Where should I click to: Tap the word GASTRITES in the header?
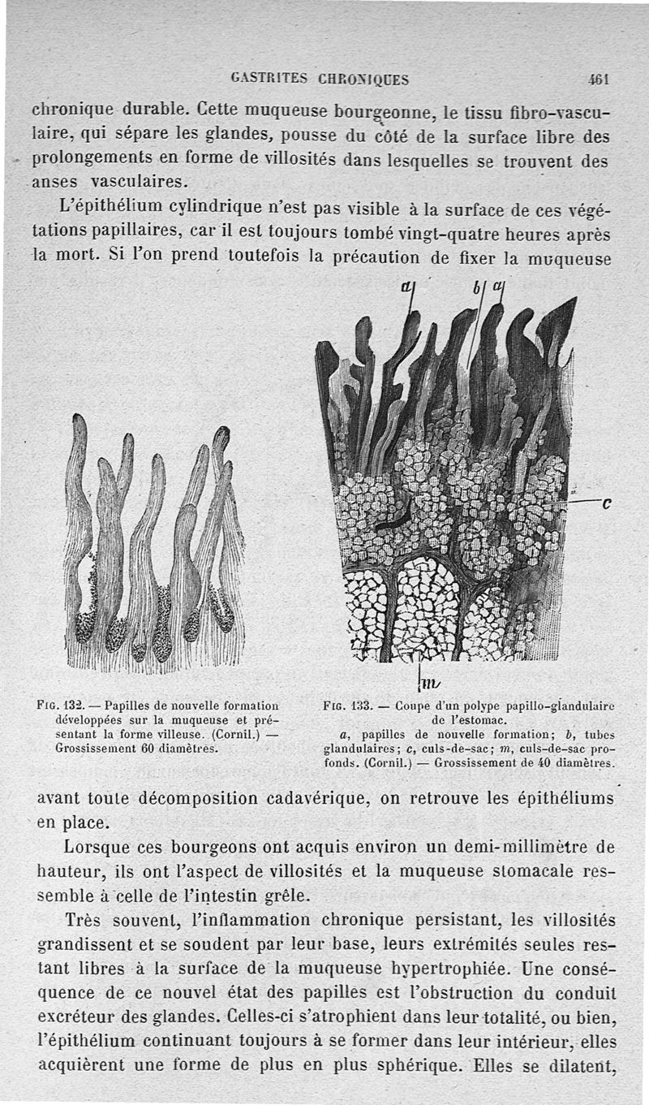coord(264,80)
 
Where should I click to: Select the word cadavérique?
coord(317,799)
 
